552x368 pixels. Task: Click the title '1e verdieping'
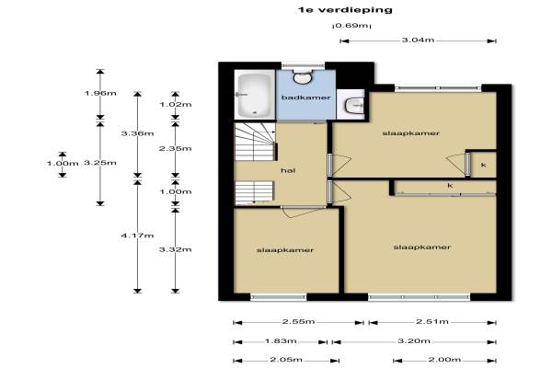[x=345, y=10]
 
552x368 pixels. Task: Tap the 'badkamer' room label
[x=306, y=98]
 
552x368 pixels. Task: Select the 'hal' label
[x=288, y=171]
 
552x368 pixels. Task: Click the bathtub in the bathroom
[x=255, y=95]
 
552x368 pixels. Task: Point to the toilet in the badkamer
[x=303, y=76]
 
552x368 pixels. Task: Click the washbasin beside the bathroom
[x=354, y=105]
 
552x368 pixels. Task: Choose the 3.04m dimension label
[x=418, y=40]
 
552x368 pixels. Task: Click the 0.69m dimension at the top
[x=351, y=26]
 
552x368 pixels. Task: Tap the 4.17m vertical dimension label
[x=137, y=236]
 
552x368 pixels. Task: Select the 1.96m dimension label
[x=100, y=93]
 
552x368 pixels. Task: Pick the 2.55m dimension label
[x=298, y=321]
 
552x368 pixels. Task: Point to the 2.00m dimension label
[x=444, y=360]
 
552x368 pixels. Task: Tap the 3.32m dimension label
[x=176, y=249]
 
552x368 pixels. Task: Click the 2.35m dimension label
[x=176, y=149]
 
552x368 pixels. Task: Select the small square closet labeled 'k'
[x=484, y=165]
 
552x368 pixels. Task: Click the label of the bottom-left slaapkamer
[x=285, y=250]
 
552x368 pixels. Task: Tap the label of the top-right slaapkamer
[x=411, y=133]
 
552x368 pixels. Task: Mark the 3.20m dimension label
[x=414, y=341]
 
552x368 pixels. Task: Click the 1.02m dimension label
[x=176, y=105]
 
